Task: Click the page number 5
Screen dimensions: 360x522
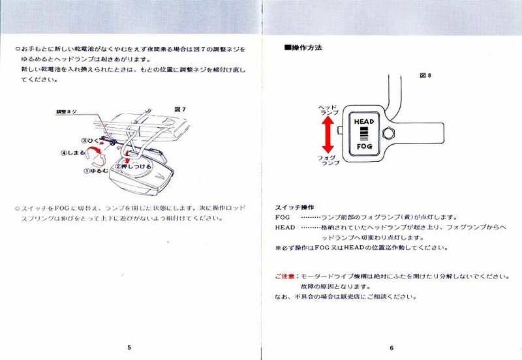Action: point(130,348)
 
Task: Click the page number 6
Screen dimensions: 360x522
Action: point(391,348)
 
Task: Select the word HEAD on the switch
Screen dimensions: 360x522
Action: point(363,121)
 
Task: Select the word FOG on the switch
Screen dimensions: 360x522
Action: point(363,148)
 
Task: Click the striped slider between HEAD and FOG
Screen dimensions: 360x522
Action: point(363,134)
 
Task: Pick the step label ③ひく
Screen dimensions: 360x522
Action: point(93,140)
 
